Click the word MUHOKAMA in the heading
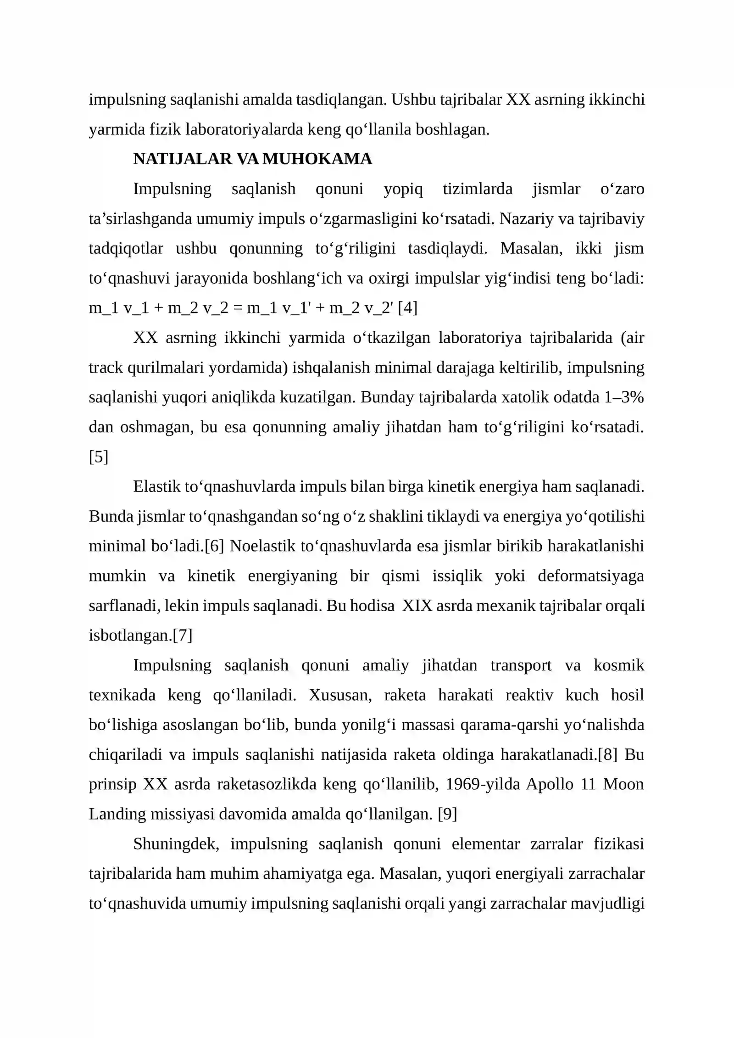[x=317, y=159]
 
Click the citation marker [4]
[x=407, y=307]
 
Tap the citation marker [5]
[x=99, y=457]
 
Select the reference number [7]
[x=183, y=635]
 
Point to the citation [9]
[x=447, y=814]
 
